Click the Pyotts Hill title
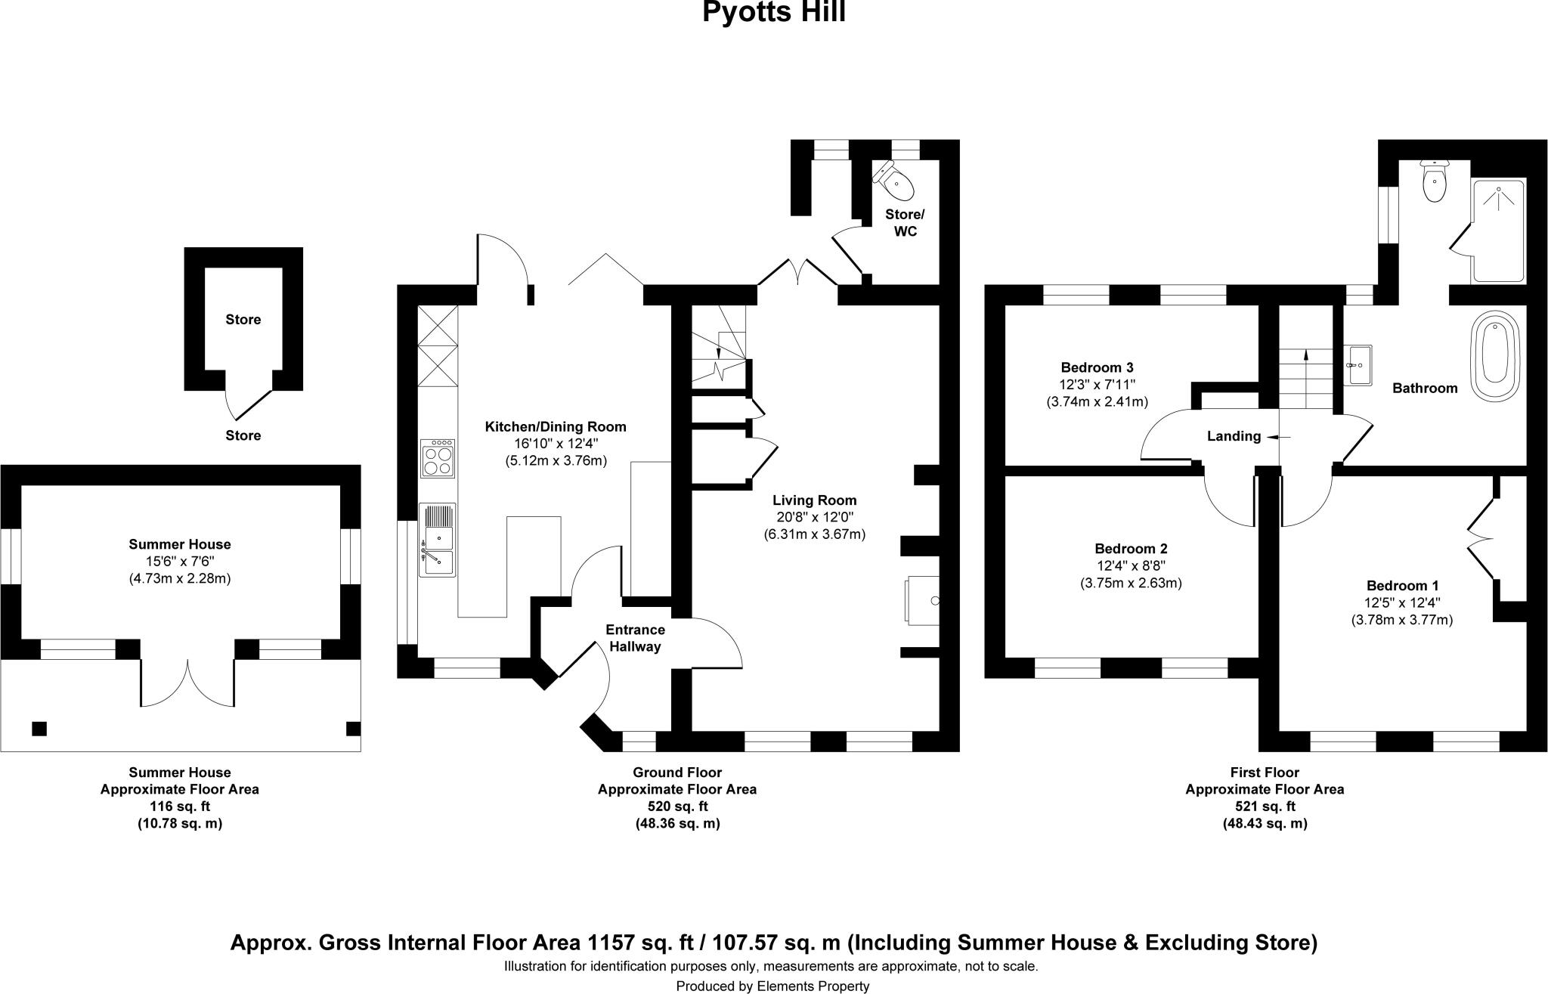773,13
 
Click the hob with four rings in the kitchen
438,458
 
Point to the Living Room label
814,500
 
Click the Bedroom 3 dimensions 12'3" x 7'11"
1097,385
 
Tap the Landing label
1234,436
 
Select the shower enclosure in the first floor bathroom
1497,231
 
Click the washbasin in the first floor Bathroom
1359,365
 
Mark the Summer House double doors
187,683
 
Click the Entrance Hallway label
635,638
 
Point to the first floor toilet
1433,182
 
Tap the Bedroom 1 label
1402,585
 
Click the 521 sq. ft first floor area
1265,806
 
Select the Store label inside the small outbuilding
243,320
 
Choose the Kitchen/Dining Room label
556,427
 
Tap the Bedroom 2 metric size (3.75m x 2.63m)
1131,583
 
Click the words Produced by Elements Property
772,986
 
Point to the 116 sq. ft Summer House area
180,806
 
